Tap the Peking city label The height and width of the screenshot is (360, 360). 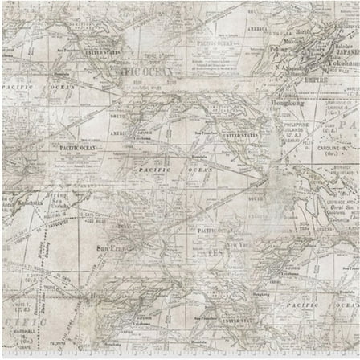pyautogui.click(x=278, y=47)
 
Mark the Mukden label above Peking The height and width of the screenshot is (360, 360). pyautogui.click(x=288, y=38)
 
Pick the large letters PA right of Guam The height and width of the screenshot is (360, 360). pyautogui.click(x=347, y=126)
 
